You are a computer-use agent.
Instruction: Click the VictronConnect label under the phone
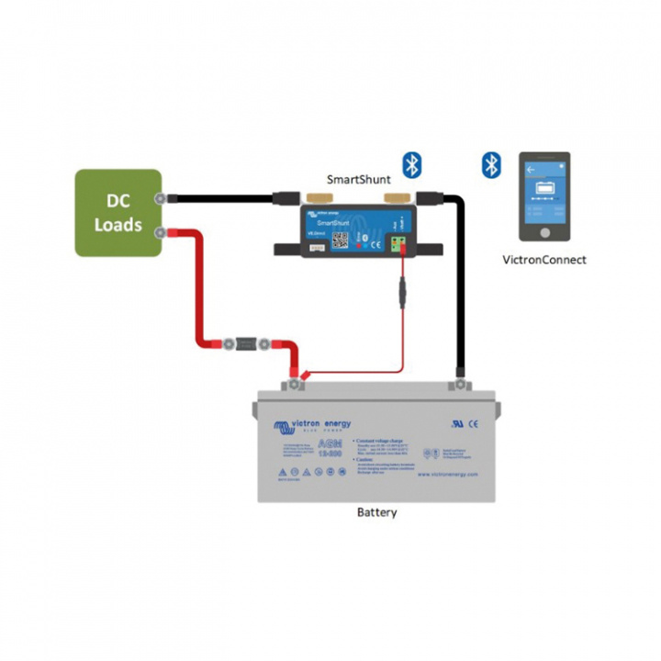[x=544, y=260]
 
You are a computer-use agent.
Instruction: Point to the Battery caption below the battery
[x=376, y=512]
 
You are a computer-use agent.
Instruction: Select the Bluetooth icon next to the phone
[x=492, y=165]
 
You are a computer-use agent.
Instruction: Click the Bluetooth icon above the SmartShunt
[x=413, y=164]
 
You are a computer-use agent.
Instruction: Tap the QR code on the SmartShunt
[x=340, y=239]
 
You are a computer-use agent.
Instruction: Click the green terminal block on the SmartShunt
[x=399, y=242]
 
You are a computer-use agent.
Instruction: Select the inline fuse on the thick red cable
[x=245, y=344]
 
